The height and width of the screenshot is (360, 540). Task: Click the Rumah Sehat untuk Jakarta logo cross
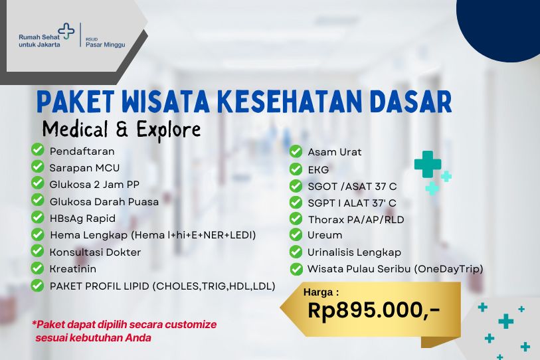coord(67,31)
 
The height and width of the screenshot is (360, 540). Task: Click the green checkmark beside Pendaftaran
coord(38,151)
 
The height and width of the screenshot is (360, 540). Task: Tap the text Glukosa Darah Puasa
coord(104,201)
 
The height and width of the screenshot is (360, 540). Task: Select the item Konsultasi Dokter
coord(95,252)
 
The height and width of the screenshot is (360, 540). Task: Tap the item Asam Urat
coord(334,152)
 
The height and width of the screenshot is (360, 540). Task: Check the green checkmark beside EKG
coord(296,169)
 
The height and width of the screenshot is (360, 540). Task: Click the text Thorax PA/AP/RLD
coord(355,219)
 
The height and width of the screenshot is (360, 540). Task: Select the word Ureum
coord(325,235)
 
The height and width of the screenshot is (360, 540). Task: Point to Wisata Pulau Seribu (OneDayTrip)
coord(395,269)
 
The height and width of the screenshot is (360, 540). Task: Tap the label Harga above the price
coord(321,291)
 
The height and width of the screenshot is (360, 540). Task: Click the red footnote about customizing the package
coord(124,331)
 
